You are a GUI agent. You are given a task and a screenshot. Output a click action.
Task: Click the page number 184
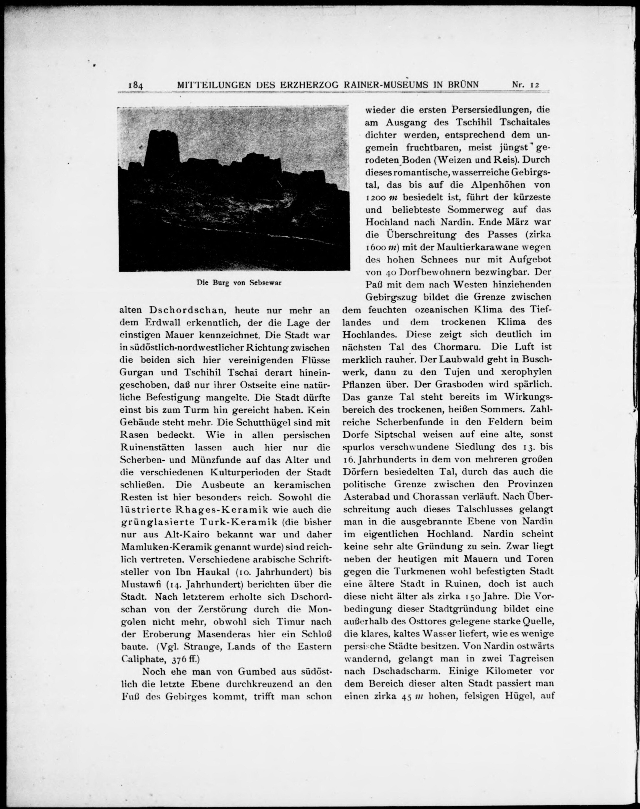coord(135,86)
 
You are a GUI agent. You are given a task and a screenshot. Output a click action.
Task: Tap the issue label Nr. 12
coord(525,85)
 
